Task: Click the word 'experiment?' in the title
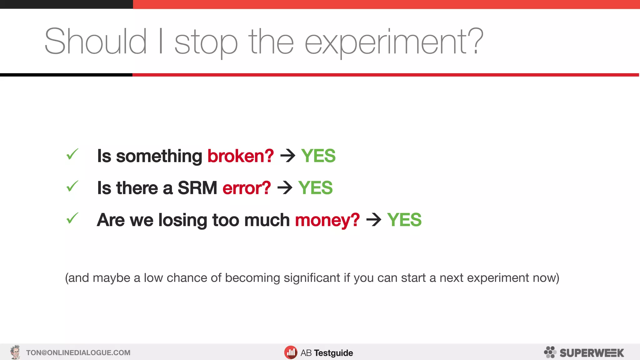pos(394,42)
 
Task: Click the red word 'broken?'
pos(241,156)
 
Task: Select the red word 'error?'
pos(247,188)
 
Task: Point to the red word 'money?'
pos(327,220)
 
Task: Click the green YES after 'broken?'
pos(318,156)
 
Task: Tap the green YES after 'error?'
pos(315,188)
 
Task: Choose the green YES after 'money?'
pos(404,220)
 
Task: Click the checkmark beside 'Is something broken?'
pos(72,154)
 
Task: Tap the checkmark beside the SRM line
pos(72,186)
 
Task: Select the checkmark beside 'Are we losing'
pos(72,218)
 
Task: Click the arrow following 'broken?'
pos(288,156)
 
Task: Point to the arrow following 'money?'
pos(374,220)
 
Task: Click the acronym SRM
pos(197,188)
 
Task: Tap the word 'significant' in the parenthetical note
pos(312,278)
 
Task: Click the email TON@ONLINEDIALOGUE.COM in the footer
pos(78,353)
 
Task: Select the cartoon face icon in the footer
pos(15,352)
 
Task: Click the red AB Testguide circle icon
pos(291,353)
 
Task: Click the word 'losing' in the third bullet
pos(182,220)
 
